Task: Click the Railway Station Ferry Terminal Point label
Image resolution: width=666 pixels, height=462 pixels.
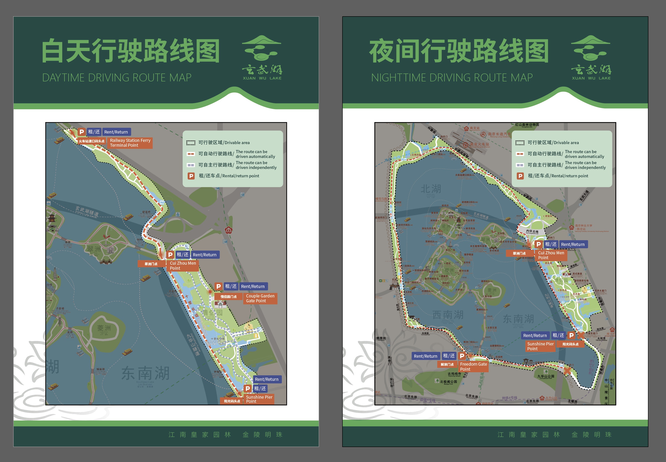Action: [130, 143]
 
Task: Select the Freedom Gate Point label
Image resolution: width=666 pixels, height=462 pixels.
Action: [473, 367]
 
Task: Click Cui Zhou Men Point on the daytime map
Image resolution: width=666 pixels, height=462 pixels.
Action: [183, 266]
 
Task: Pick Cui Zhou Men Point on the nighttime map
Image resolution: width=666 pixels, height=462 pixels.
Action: [551, 255]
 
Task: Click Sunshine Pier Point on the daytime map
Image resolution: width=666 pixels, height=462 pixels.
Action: [259, 399]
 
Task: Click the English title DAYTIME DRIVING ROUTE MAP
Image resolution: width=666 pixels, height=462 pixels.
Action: [117, 78]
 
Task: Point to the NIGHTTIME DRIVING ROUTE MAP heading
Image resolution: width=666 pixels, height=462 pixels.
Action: [452, 78]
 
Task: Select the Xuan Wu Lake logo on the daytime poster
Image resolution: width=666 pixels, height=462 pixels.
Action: [262, 58]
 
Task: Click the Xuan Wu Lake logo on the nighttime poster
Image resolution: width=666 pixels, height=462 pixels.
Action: [591, 58]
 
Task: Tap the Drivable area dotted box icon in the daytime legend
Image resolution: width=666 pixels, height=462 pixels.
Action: [191, 143]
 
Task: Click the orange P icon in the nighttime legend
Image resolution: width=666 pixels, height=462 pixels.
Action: [520, 176]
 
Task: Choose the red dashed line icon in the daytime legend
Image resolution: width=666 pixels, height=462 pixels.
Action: [191, 154]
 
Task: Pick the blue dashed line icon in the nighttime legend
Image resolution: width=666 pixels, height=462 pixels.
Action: [520, 165]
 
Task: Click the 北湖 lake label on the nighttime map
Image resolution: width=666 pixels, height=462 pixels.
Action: [430, 189]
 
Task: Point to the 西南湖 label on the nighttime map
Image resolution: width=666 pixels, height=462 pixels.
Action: [448, 315]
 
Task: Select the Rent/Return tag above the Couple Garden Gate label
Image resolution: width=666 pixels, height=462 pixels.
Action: [252, 286]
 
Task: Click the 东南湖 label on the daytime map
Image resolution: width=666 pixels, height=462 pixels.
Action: [145, 373]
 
